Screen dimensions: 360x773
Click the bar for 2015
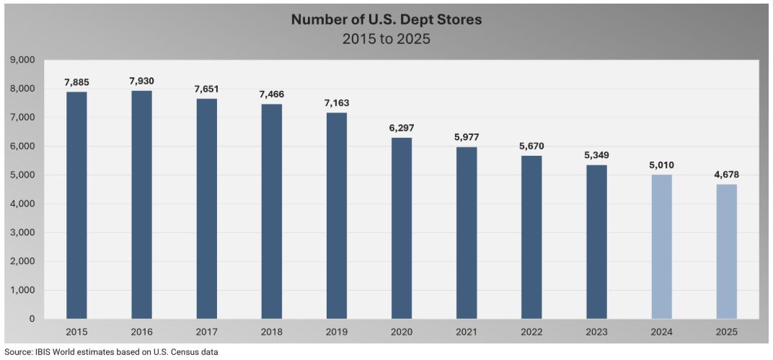(76, 205)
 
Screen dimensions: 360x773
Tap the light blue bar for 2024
(661, 246)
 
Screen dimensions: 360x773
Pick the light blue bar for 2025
(726, 251)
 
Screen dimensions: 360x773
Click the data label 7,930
(142, 81)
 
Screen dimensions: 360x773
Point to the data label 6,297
(402, 128)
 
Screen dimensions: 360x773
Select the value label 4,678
(726, 175)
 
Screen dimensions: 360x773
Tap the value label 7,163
(337, 103)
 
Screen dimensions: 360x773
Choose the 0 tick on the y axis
(32, 319)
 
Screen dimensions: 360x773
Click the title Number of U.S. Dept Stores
(386, 19)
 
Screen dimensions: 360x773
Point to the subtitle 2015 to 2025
(386, 39)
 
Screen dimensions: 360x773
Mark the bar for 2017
(207, 208)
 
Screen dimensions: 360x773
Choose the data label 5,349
(596, 155)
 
